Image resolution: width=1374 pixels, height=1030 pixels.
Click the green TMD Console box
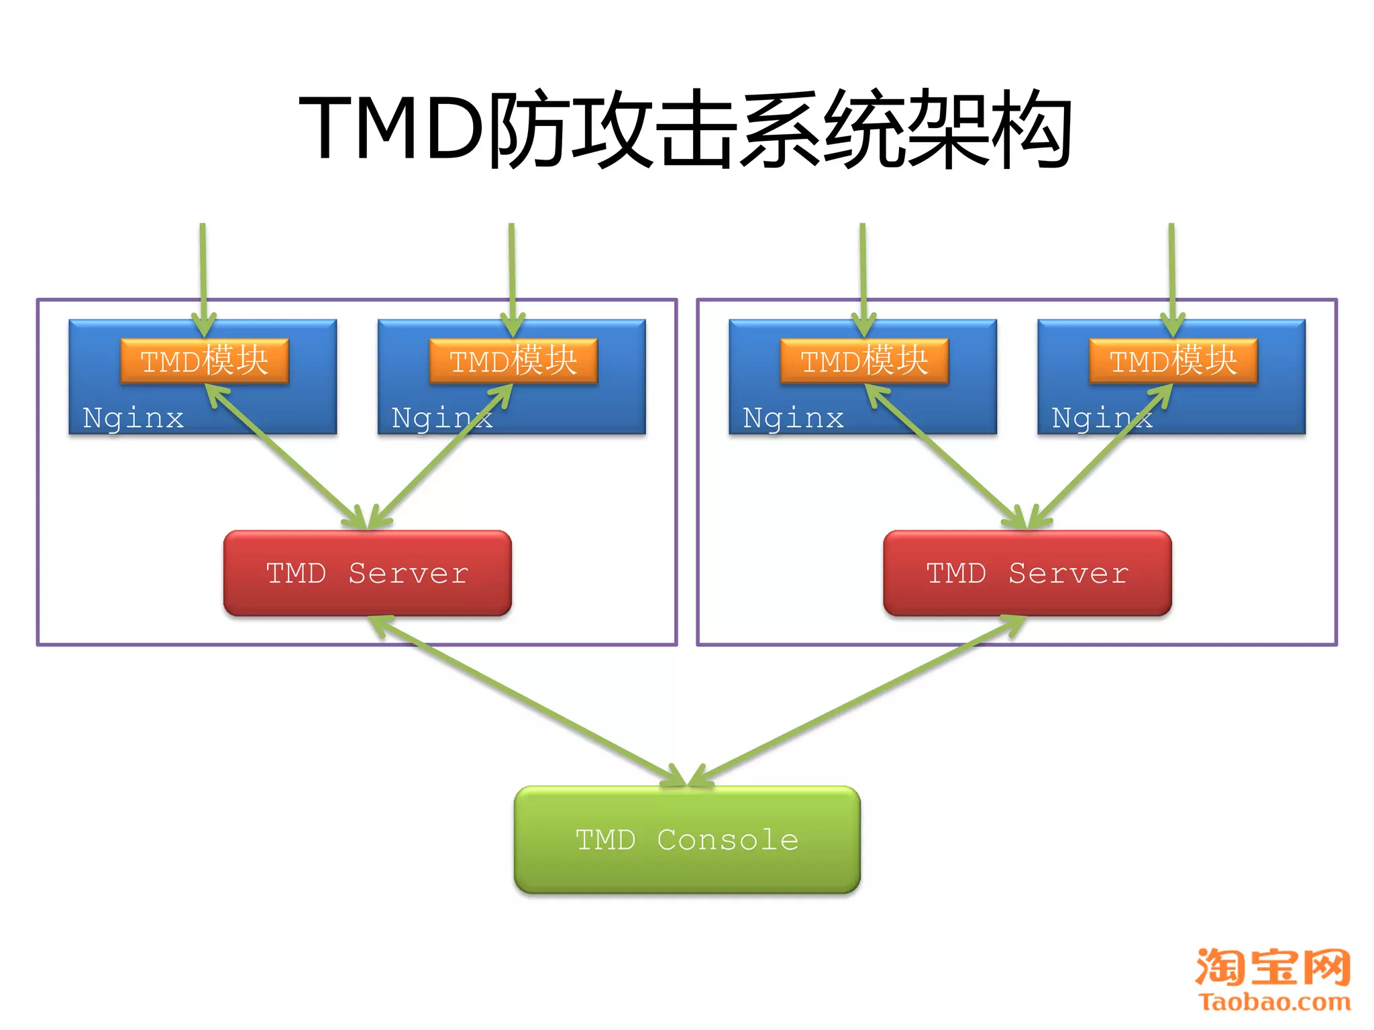[687, 840]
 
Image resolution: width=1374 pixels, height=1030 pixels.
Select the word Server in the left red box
[408, 573]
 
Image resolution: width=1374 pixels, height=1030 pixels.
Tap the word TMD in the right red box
[956, 573]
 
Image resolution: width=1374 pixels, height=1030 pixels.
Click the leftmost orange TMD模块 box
[205, 361]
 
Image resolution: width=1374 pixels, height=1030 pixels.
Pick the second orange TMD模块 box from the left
[513, 361]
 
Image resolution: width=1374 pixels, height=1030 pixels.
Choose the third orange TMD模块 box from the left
[865, 361]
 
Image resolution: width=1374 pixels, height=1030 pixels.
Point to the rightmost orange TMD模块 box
[1173, 361]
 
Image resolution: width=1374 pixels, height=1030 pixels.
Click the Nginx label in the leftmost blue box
[133, 418]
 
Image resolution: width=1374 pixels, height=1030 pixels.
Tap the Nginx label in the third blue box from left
[793, 418]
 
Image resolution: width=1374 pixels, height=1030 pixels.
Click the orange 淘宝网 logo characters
[1273, 967]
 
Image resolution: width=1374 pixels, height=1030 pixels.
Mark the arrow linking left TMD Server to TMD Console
[530, 701]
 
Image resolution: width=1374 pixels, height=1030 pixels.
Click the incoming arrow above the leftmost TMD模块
[203, 268]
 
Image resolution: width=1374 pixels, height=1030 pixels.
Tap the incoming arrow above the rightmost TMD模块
[1172, 268]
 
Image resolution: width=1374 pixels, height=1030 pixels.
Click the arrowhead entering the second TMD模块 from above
[513, 325]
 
